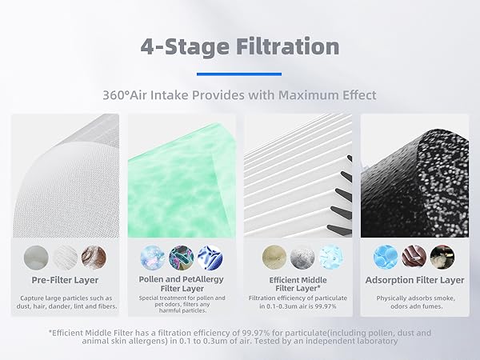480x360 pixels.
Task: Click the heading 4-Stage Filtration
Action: click(240, 45)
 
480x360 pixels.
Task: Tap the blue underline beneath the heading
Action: click(239, 74)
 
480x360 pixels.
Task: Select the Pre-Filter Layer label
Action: click(66, 280)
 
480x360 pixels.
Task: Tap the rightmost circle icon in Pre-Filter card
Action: click(94, 257)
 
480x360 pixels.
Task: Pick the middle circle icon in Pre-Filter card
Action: click(66, 257)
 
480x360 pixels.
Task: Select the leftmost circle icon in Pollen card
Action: click(153, 257)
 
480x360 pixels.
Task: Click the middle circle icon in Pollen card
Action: click(182, 257)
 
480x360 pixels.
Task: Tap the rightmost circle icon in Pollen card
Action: click(210, 257)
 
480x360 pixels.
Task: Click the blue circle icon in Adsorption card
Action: click(386, 257)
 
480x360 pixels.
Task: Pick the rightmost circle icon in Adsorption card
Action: click(442, 257)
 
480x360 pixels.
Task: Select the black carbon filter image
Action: click(414, 176)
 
